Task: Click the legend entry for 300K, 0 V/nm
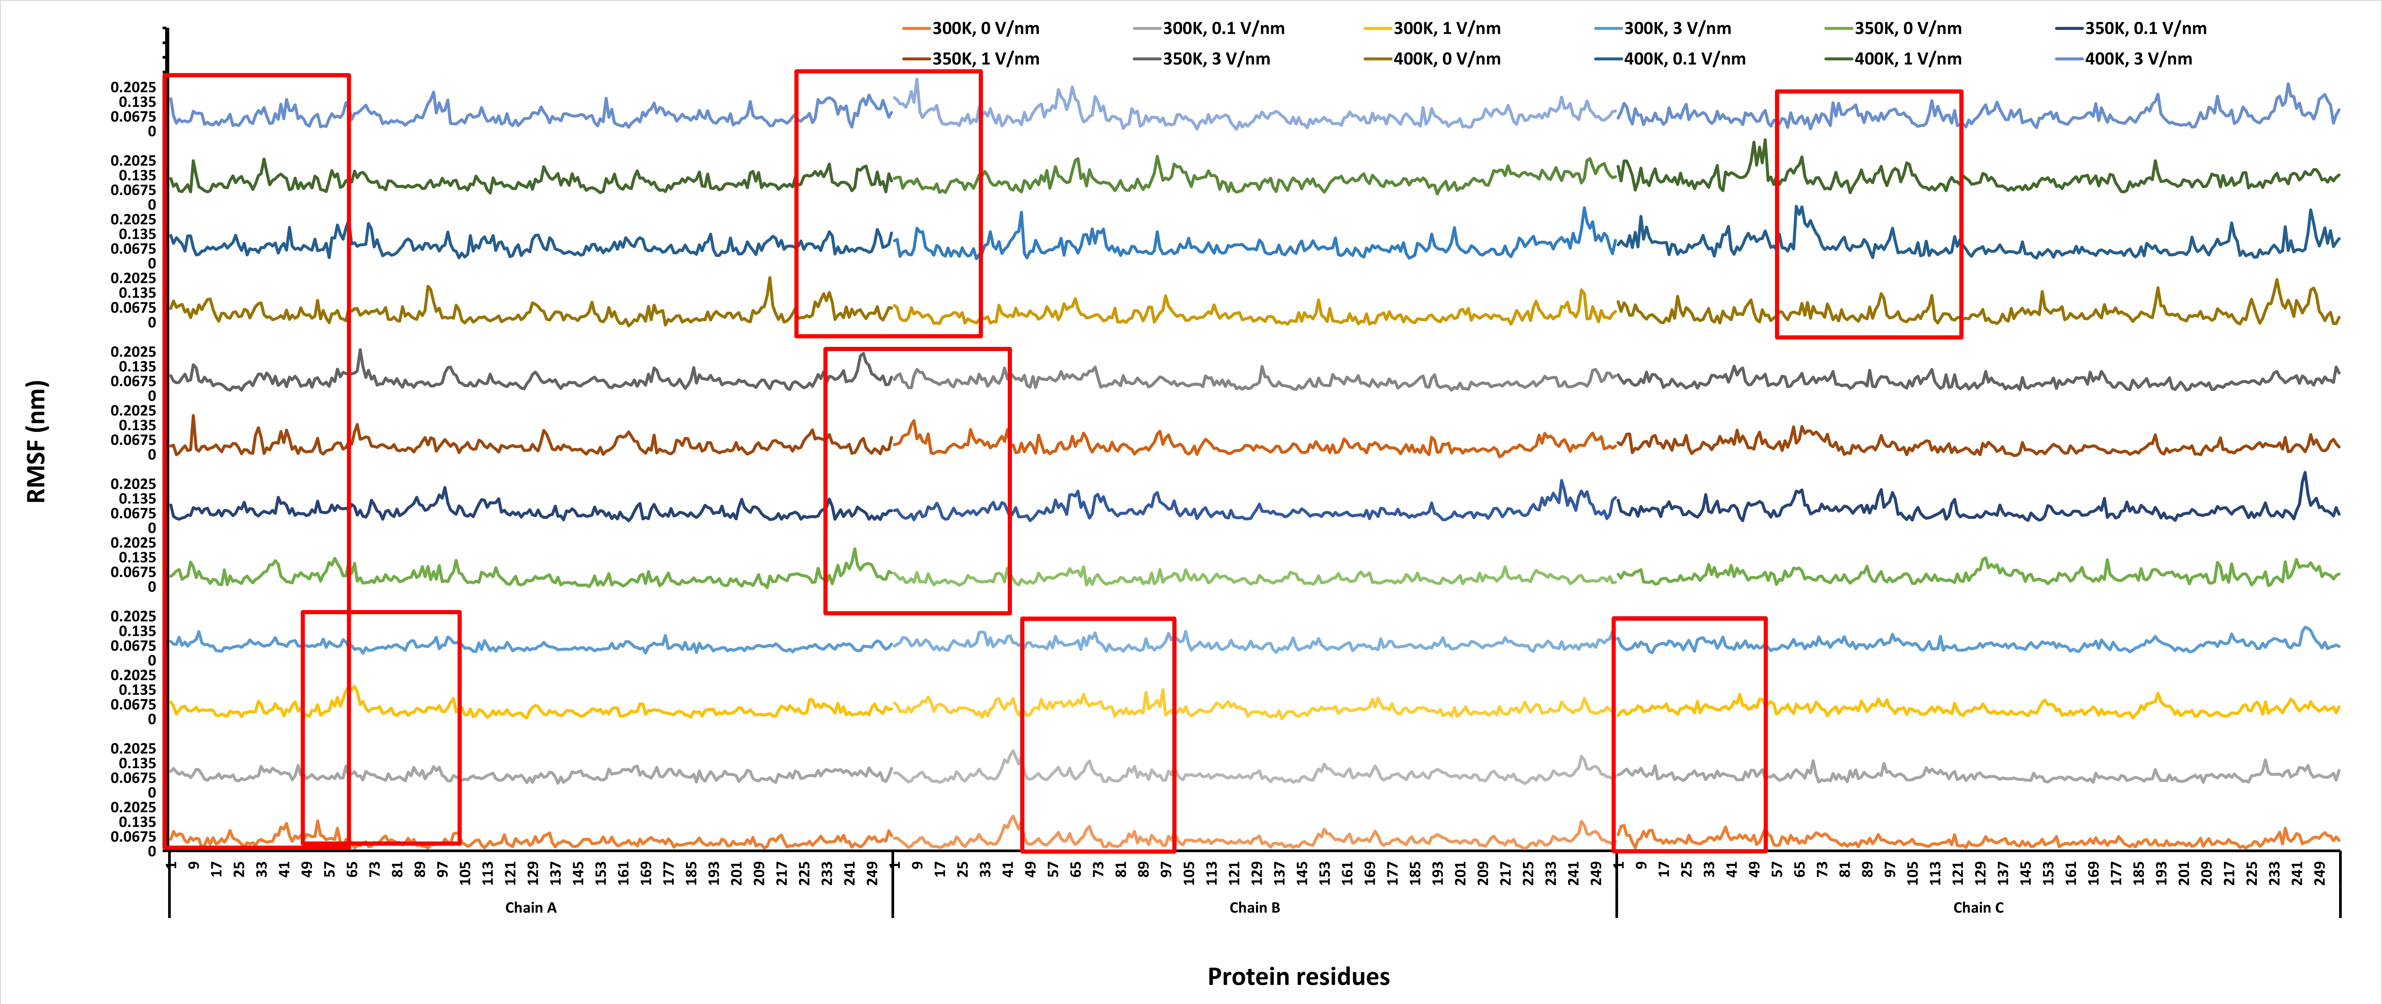point(971,29)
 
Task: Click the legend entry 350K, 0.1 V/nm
point(2131,29)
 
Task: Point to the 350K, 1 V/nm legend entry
point(971,59)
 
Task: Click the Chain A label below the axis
point(531,908)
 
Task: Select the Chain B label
point(1255,908)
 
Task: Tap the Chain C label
point(1979,908)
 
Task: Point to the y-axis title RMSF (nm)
point(36,442)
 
